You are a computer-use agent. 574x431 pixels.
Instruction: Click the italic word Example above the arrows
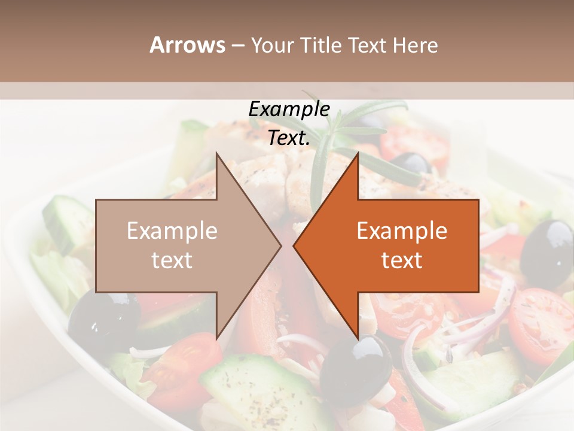click(x=289, y=109)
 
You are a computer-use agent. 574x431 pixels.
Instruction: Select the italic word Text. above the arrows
click(x=289, y=138)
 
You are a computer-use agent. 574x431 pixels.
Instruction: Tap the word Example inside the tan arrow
click(x=172, y=231)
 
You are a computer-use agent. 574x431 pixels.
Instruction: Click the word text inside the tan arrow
click(x=172, y=260)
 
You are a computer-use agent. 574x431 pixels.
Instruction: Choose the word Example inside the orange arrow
click(x=402, y=231)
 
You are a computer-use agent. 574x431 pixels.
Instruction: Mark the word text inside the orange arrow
click(x=402, y=260)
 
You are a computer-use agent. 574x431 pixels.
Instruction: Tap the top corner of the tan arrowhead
click(x=216, y=153)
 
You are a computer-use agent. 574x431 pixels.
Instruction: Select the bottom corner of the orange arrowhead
click(x=358, y=338)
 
